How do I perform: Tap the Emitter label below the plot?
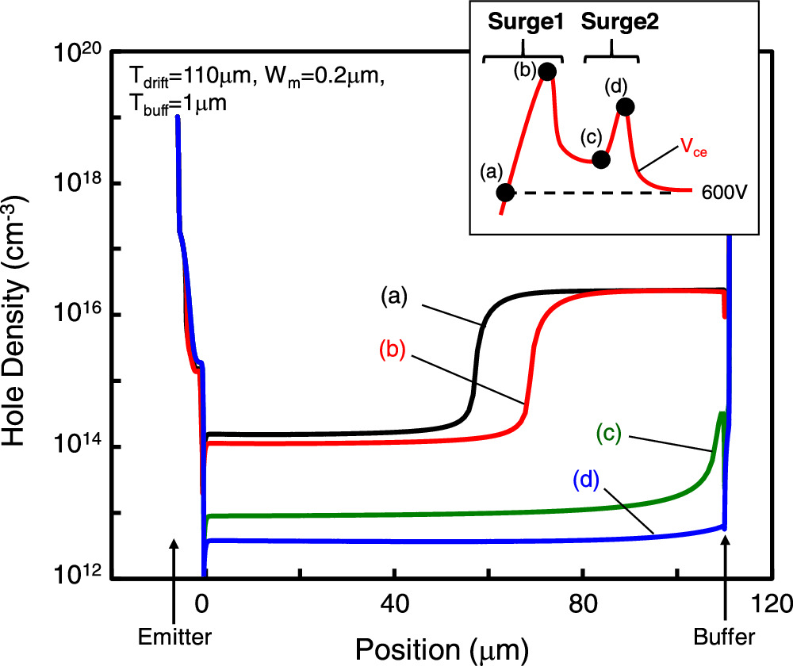pos(174,636)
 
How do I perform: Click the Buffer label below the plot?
pos(725,636)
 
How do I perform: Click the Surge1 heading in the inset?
pos(523,23)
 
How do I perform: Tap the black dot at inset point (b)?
pos(546,71)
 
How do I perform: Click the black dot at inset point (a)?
pos(505,192)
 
